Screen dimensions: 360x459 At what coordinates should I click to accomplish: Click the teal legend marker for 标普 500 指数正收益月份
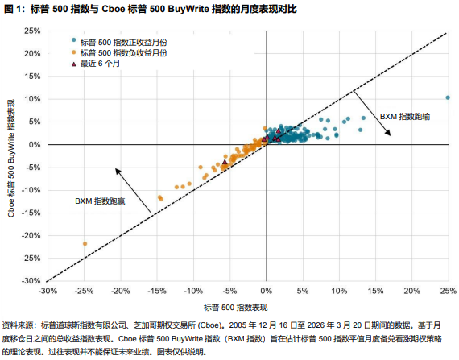pos(74,39)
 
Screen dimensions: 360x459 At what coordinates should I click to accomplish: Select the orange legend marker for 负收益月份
pos(74,51)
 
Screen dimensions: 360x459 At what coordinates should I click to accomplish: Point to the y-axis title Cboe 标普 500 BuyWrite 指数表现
pos(11,158)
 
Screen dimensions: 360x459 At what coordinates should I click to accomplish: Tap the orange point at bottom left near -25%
pos(85,243)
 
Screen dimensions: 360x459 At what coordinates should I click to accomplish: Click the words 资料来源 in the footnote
pos(19,324)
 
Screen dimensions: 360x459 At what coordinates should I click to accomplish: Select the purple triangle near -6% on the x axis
pos(225,163)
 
